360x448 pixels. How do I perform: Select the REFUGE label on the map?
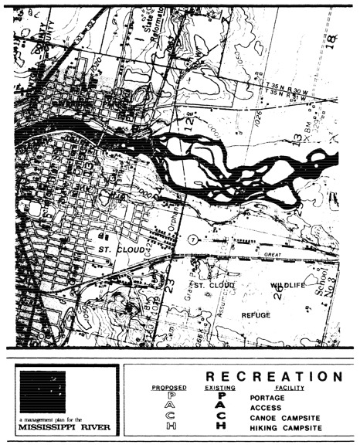point(255,315)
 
